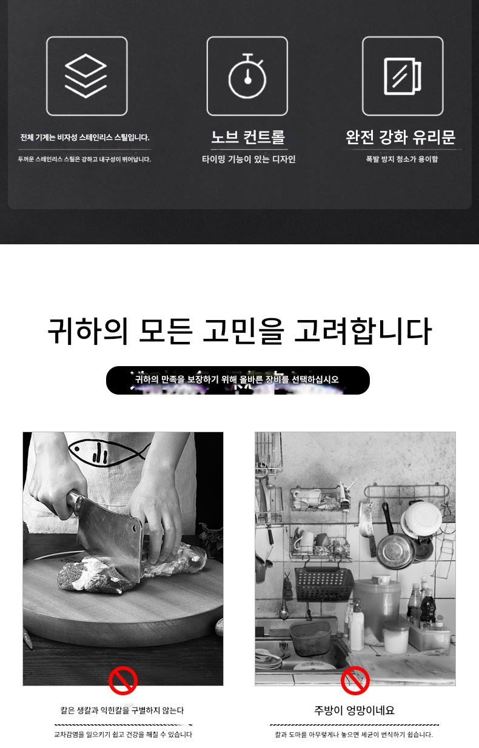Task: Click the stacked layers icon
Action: pyautogui.click(x=86, y=76)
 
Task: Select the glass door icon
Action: pyautogui.click(x=402, y=76)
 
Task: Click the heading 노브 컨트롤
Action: pyautogui.click(x=247, y=137)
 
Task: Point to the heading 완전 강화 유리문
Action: pyautogui.click(x=401, y=137)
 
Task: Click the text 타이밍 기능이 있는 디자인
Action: pyautogui.click(x=249, y=159)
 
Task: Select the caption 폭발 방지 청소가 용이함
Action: pyautogui.click(x=402, y=159)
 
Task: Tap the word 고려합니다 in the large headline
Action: pyautogui.click(x=363, y=331)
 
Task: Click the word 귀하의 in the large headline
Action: pyautogui.click(x=87, y=331)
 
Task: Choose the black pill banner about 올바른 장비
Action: pyautogui.click(x=238, y=380)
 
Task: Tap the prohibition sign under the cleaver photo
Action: pyautogui.click(x=123, y=681)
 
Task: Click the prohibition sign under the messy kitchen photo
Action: pyautogui.click(x=355, y=681)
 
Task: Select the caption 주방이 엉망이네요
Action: pyautogui.click(x=355, y=710)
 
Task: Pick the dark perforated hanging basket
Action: pyautogui.click(x=323, y=584)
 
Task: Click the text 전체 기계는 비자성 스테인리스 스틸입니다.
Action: pyautogui.click(x=85, y=137)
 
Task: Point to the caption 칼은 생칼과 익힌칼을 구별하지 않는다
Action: pyautogui.click(x=122, y=710)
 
